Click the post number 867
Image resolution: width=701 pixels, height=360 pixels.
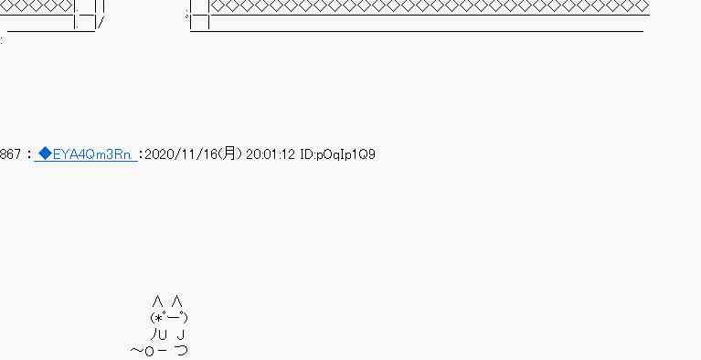[10, 154]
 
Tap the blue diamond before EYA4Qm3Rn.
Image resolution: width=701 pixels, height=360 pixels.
[45, 154]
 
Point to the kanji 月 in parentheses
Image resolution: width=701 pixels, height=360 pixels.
[229, 154]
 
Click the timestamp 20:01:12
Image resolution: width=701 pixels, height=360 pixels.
[271, 154]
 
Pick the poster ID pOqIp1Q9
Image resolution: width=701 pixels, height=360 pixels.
[345, 154]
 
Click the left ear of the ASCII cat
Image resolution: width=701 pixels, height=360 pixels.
[157, 301]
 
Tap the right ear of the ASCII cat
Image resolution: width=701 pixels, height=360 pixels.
[177, 301]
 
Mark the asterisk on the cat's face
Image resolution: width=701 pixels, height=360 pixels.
[158, 318]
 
